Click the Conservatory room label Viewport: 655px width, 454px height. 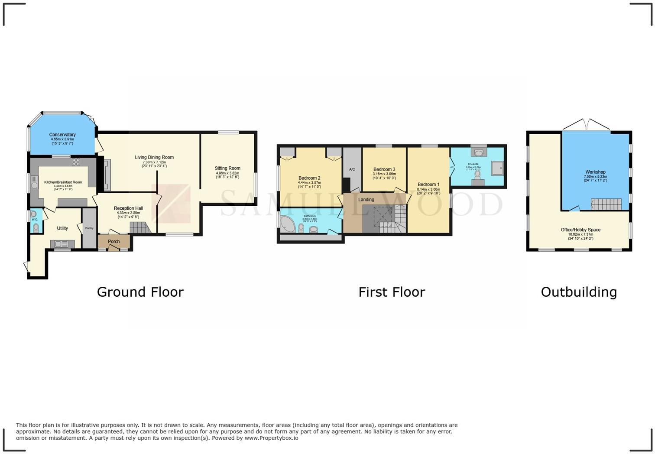[x=62, y=135]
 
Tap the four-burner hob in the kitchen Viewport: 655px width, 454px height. [x=76, y=162]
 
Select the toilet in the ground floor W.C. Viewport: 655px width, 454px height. [x=36, y=227]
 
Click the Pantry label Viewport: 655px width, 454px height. [x=89, y=228]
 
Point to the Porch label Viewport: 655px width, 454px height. [x=113, y=242]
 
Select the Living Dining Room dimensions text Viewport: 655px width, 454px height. [x=154, y=164]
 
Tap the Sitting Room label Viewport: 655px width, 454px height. [x=227, y=168]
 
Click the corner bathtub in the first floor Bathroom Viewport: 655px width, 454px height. [x=287, y=224]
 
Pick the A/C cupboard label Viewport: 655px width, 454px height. [x=352, y=169]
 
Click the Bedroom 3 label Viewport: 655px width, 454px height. [x=384, y=169]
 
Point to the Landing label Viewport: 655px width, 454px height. [x=366, y=200]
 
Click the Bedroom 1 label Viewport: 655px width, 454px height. [x=428, y=185]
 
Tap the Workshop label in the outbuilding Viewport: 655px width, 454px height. [x=595, y=172]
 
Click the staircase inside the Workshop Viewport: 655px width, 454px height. [x=606, y=204]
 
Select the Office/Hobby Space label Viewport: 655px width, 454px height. [x=580, y=230]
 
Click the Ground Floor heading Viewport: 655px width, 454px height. [x=140, y=292]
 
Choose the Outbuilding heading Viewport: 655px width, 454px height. [x=579, y=292]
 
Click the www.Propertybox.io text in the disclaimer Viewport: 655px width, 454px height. [x=271, y=438]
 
